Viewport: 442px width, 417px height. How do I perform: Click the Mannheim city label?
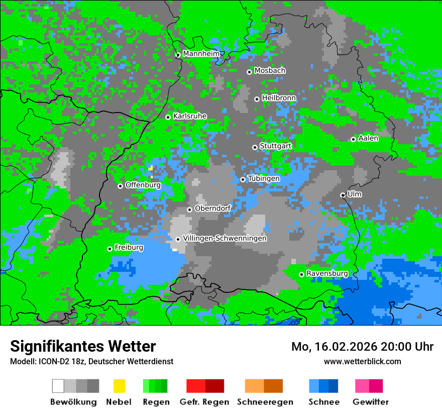pos(201,54)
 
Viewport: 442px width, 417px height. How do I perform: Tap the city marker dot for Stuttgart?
pos(255,147)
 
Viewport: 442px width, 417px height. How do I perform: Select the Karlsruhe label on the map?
pos(190,116)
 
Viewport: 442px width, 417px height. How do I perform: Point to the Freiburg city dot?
pos(109,249)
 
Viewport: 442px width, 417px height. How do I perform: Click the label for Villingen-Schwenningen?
pos(225,239)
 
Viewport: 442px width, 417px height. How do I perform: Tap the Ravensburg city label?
pos(327,273)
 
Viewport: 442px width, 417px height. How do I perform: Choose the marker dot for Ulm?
pos(343,195)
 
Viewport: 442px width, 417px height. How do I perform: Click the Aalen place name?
pos(368,138)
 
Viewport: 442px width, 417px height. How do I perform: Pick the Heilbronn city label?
pos(279,98)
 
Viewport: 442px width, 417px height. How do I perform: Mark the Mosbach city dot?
pos(249,72)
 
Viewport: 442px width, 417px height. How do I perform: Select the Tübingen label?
pos(264,178)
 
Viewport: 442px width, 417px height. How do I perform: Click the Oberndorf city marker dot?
pos(189,210)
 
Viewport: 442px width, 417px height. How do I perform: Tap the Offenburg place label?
pos(143,185)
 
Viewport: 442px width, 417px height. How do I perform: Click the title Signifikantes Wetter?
pos(83,346)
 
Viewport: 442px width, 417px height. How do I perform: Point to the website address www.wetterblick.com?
pos(362,361)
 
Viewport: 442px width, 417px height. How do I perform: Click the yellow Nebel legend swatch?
pos(119,386)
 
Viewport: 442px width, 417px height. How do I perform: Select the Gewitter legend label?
pos(371,402)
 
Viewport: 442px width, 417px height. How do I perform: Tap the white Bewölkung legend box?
pos(58,386)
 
